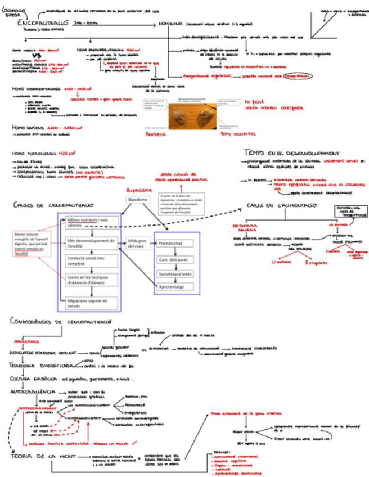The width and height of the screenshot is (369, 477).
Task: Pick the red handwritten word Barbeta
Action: tap(157, 134)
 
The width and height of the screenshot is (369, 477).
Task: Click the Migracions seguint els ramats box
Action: tap(89, 303)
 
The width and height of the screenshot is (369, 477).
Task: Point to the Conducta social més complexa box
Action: tap(89, 260)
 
